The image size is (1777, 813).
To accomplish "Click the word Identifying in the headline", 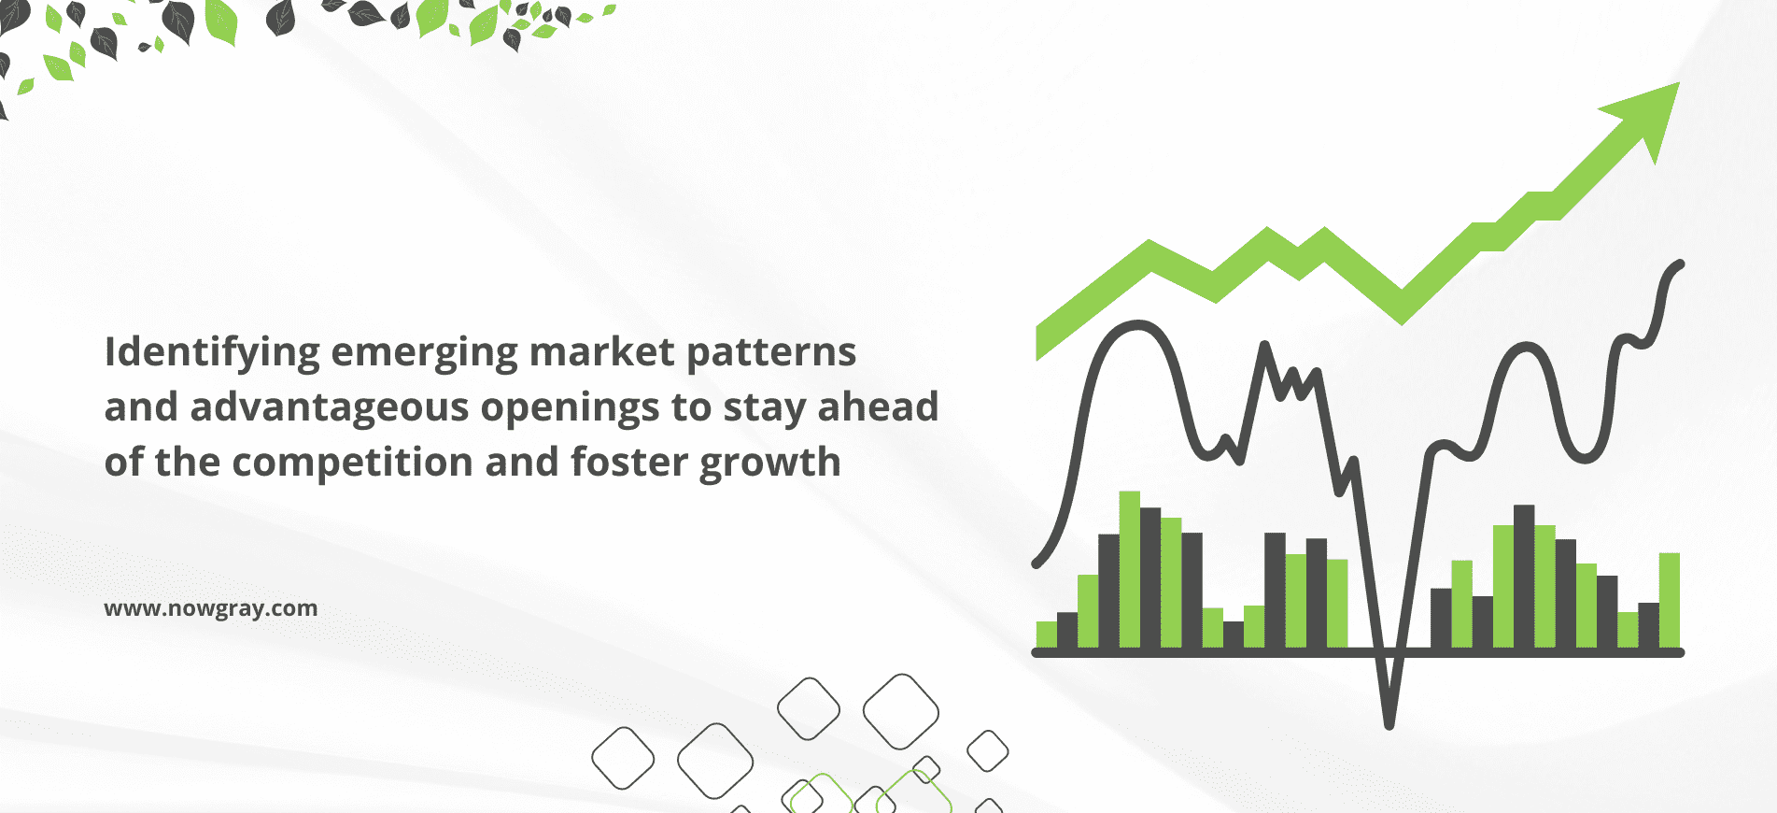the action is (x=212, y=353).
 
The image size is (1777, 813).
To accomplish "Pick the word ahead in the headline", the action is (x=879, y=406).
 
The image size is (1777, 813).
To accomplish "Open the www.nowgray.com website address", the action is (x=211, y=608).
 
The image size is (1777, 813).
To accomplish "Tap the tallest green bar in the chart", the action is (x=1130, y=569).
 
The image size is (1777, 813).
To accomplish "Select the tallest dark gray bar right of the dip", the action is (x=1524, y=577).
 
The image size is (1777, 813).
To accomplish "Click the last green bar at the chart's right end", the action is (x=1670, y=601).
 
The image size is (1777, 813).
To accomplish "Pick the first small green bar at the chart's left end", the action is (x=1047, y=635).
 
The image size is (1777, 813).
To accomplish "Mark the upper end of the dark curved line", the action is (x=1680, y=264).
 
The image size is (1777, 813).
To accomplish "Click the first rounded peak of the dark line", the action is (x=1137, y=325).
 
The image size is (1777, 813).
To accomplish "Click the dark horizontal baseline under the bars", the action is (x=1358, y=652).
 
